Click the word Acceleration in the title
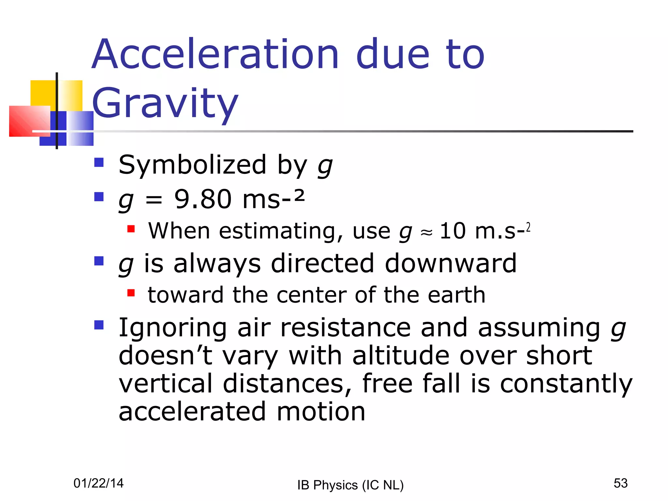point(215,55)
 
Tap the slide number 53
point(620,483)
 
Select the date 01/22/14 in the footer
point(99,483)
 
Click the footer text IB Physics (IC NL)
point(350,485)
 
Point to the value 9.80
point(203,199)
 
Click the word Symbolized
point(192,165)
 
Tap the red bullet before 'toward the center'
point(131,293)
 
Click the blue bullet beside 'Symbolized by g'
point(99,162)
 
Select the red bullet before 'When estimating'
point(131,229)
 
